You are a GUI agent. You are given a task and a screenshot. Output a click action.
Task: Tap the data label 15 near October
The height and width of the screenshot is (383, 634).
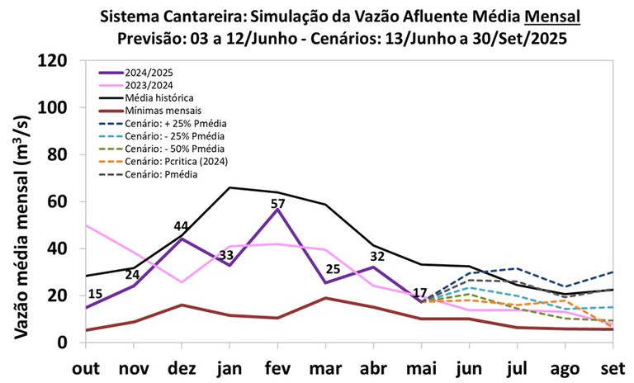tap(95, 295)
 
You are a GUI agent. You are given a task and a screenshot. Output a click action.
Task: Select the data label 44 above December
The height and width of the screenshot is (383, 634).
tap(182, 226)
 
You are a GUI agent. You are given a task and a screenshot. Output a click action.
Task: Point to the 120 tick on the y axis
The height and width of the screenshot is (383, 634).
tap(61, 60)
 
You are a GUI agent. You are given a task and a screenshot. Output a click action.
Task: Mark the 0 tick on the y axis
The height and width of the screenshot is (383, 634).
tap(71, 343)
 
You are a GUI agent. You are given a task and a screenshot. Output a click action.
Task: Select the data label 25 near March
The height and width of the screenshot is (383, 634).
tap(332, 269)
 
